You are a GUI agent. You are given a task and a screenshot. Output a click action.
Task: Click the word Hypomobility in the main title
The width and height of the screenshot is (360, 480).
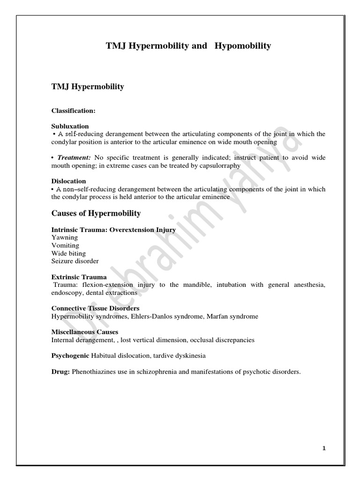[243, 46]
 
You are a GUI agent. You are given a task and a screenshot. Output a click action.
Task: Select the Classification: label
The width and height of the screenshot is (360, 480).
[73, 111]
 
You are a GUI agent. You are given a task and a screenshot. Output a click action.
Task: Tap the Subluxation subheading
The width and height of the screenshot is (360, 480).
[70, 126]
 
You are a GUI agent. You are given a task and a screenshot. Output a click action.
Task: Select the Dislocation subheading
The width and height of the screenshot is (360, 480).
[68, 181]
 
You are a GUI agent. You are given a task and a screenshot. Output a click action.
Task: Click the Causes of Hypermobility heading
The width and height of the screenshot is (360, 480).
[96, 213]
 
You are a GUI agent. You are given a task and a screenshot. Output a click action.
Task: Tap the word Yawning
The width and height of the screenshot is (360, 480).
[65, 237]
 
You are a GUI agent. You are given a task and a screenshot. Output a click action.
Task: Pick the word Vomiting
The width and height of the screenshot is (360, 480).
[65, 245]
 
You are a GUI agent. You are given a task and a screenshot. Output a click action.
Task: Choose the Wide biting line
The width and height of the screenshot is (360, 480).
[68, 253]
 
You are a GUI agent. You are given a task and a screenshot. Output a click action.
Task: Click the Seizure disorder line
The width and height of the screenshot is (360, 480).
[75, 261]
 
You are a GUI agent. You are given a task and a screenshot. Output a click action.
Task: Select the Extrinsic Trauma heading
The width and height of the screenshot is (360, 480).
[79, 277]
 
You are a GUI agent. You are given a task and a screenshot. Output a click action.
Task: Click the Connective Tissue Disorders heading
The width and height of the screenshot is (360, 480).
[95, 308]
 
